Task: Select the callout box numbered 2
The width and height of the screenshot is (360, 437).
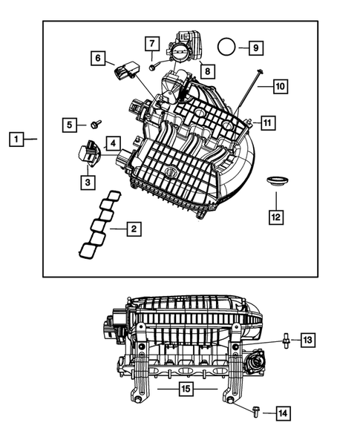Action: (x=133, y=229)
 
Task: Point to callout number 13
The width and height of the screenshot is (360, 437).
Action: (x=307, y=341)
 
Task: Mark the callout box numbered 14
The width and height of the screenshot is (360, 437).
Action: (x=283, y=413)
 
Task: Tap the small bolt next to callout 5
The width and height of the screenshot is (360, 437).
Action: (x=96, y=125)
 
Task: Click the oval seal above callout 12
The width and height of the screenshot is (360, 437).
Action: (x=278, y=181)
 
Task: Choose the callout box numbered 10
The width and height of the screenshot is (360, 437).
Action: (x=280, y=87)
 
